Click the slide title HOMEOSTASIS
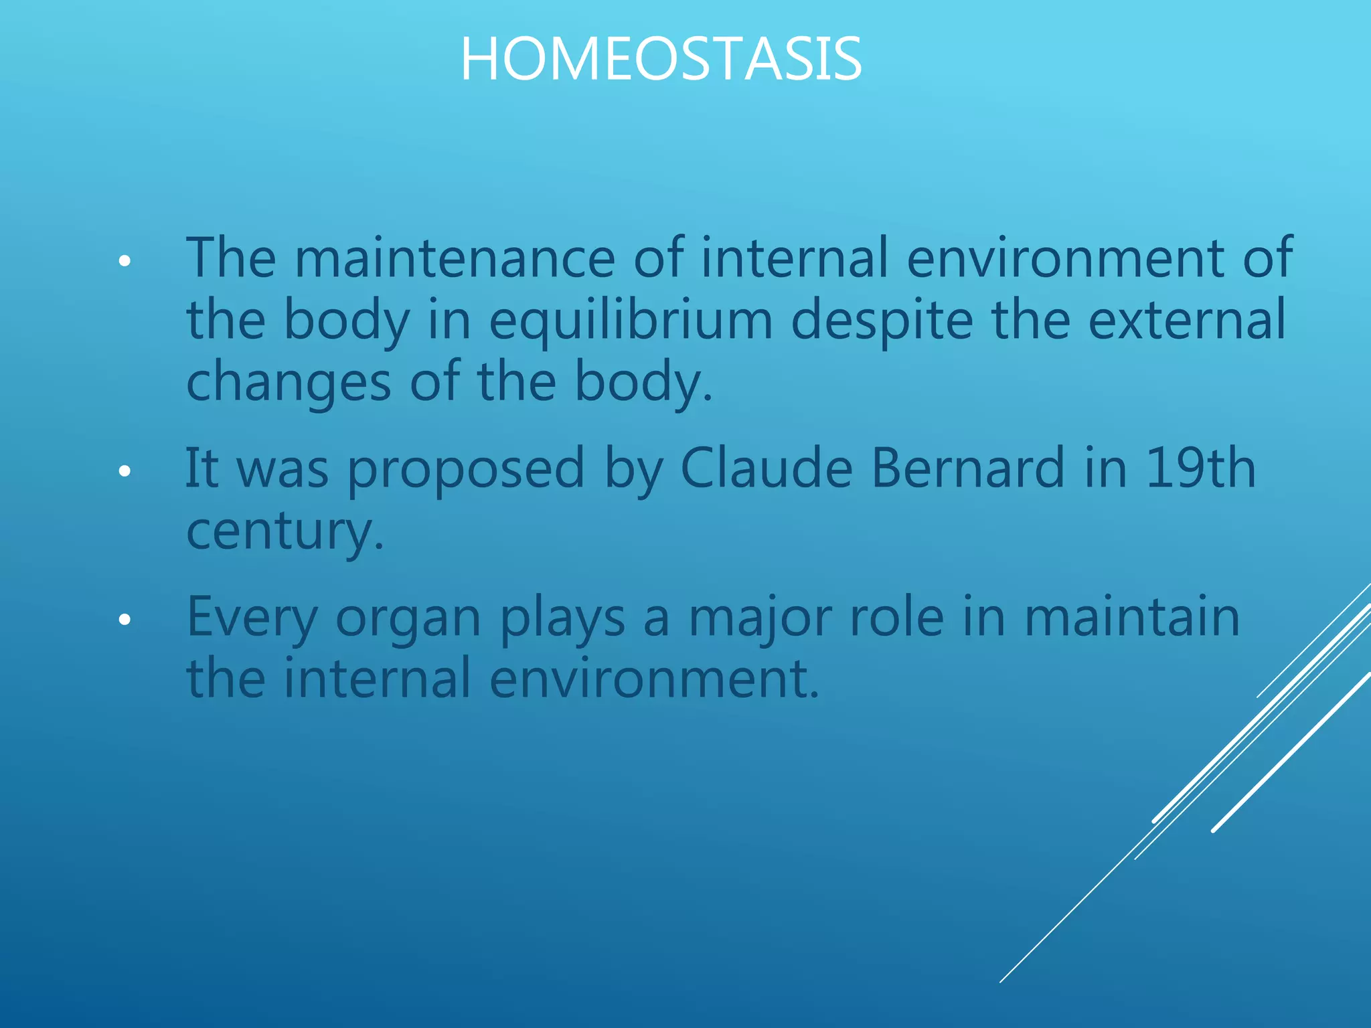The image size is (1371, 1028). coord(661,60)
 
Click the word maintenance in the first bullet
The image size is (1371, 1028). coord(455,258)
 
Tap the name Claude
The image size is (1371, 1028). coord(766,468)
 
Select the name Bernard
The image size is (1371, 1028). coord(967,468)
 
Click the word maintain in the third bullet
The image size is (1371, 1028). coord(1132,617)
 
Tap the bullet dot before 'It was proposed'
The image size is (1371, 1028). coord(124,472)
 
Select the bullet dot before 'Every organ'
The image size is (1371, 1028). coord(124,620)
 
